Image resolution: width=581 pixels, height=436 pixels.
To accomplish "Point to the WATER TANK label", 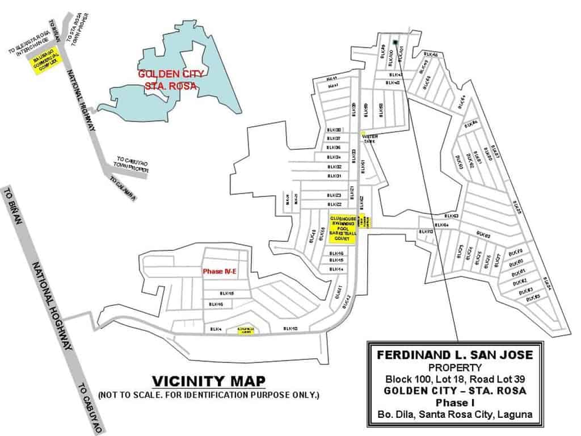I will pos(369,139).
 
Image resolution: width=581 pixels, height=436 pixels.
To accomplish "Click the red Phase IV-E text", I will pos(220,272).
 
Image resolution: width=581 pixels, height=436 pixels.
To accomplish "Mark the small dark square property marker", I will pos(394,41).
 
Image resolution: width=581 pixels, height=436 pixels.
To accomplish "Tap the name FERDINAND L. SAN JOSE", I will pos(455,355).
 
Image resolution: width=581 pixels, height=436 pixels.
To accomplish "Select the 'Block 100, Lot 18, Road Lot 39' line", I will pos(455,379).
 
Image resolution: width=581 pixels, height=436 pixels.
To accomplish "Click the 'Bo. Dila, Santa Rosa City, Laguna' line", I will pos(455,414).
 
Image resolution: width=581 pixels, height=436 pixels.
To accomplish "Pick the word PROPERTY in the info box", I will pos(455,367).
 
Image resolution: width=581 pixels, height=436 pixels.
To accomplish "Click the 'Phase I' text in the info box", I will pos(455,403).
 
